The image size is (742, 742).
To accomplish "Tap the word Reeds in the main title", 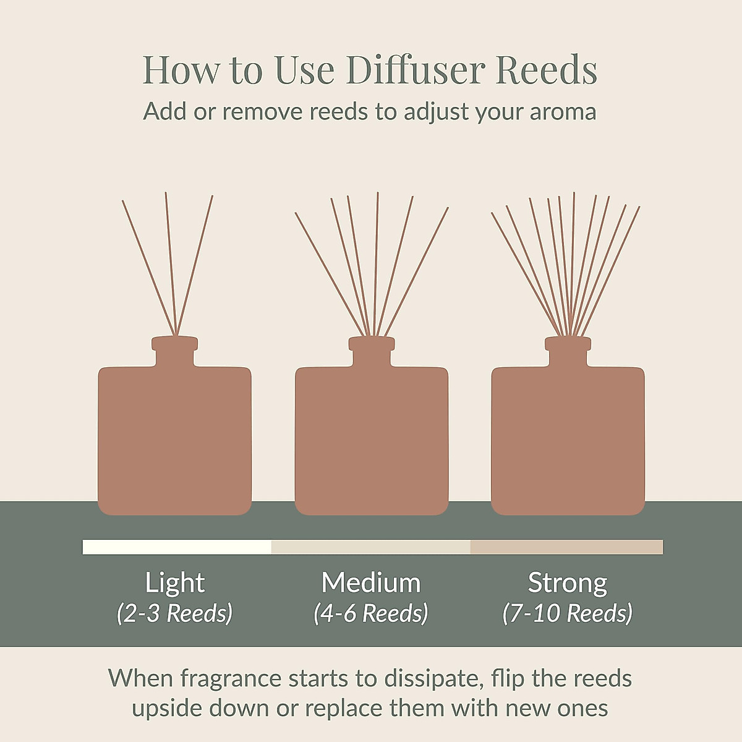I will (x=546, y=70).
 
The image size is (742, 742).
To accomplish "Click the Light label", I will (x=175, y=582).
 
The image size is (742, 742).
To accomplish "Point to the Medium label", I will (x=371, y=582).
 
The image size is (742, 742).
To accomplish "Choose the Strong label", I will (x=568, y=582).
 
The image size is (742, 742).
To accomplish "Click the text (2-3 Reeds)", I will (x=175, y=613).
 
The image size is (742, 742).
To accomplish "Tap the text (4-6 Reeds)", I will (x=371, y=613).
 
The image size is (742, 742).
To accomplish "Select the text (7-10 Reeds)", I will (x=568, y=613).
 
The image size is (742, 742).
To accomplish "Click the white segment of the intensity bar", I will (x=177, y=547).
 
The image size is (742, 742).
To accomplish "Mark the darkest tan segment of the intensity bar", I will (x=566, y=547).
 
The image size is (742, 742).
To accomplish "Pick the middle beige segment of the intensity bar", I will (x=371, y=547).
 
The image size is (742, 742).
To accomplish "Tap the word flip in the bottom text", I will (x=508, y=678).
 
